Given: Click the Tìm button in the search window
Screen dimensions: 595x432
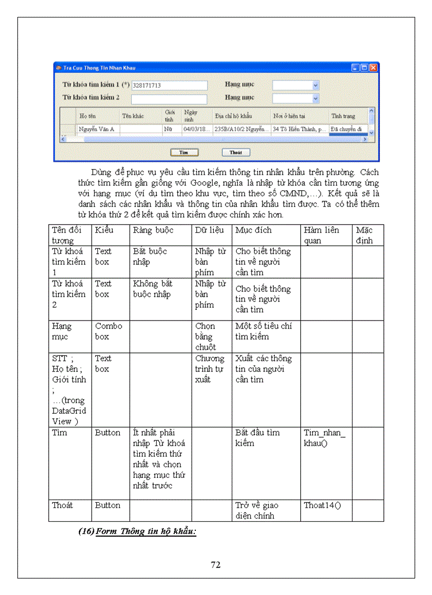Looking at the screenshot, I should tap(184, 152).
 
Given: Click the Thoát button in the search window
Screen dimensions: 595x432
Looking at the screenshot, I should tap(236, 152).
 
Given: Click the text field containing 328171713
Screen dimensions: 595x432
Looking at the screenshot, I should tap(169, 85).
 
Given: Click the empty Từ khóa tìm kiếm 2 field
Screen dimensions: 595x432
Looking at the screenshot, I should tap(169, 98).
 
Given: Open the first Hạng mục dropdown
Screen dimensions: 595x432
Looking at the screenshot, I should tap(316, 85).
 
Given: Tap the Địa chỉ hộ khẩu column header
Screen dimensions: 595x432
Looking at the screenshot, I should tap(233, 116).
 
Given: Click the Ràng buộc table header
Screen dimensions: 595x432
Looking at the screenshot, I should tap(149, 230).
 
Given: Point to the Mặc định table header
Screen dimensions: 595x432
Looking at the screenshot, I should tap(364, 235).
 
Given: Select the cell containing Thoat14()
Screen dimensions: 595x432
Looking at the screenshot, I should tap(322, 505).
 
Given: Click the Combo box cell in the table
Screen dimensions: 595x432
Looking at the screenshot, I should tap(109, 331).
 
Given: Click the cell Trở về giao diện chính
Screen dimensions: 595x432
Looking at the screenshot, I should tap(257, 510).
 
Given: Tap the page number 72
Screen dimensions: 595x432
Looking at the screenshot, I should tap(215, 565).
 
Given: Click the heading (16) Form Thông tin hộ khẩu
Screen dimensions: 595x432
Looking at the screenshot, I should tap(137, 531).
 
